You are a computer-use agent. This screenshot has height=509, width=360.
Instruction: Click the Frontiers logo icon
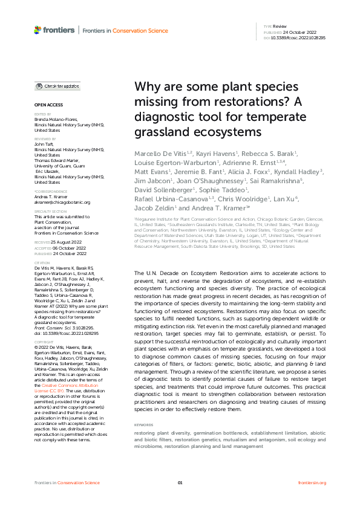38,29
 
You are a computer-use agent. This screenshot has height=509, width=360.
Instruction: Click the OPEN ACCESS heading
45,105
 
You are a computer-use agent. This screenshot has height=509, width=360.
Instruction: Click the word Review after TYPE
280,27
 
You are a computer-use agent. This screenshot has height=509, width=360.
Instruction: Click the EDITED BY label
42,114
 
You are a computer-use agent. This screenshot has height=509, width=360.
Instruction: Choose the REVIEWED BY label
45,138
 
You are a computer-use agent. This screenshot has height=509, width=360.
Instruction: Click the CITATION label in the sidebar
42,263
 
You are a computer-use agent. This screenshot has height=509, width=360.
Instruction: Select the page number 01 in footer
180,482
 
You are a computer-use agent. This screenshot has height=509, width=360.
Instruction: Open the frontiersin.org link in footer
312,482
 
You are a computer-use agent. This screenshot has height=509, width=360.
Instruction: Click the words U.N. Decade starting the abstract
159,274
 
